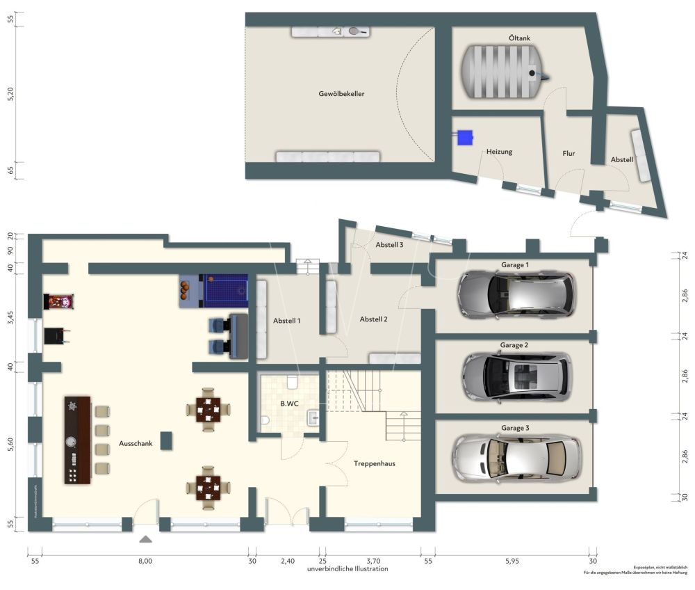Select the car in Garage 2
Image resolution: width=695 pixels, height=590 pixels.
tap(516, 376)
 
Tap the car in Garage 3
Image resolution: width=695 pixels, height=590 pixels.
tap(516, 459)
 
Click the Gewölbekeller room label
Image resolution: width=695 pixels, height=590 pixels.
tap(341, 93)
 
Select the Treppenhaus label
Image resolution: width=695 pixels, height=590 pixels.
tap(375, 463)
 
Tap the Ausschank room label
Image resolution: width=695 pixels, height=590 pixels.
tap(136, 442)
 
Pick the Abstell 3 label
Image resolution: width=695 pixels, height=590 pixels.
tap(389, 245)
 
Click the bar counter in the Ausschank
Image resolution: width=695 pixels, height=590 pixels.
tap(77, 440)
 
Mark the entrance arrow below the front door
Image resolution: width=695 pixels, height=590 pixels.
tap(145, 539)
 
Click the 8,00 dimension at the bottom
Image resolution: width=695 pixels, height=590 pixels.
tap(145, 561)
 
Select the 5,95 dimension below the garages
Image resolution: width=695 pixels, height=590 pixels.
tap(512, 561)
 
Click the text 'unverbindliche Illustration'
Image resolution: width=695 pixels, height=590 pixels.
tap(347, 569)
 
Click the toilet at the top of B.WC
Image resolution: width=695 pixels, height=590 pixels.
tap(292, 381)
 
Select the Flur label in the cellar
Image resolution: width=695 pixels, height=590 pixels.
tap(568, 154)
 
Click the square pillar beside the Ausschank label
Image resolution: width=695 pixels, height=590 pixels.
tap(166, 440)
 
